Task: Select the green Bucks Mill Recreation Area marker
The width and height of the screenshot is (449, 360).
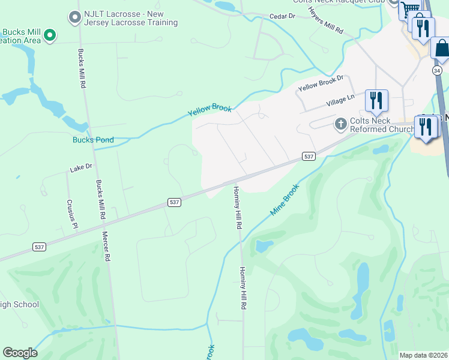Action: point(50,35)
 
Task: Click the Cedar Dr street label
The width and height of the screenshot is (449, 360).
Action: point(283,16)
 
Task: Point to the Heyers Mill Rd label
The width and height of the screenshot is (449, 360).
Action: point(325,20)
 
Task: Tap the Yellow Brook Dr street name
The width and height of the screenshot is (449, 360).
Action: point(320,84)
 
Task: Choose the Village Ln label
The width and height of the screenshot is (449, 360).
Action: point(340,100)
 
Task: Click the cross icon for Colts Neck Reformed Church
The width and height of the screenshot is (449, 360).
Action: point(340,124)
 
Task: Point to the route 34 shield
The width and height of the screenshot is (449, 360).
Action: point(436,70)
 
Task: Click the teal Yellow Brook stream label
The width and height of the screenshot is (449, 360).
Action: point(209,110)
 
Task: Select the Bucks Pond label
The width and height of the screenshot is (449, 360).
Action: point(93,140)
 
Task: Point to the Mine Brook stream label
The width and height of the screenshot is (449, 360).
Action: point(285,200)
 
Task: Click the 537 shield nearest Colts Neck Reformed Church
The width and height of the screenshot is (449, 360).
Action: point(309,157)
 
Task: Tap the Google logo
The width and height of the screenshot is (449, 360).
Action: point(20,353)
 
